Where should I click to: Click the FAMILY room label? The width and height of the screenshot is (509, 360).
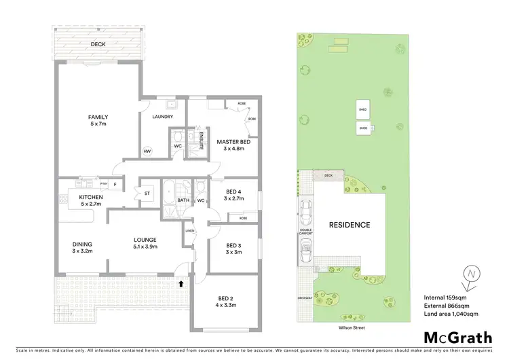98,117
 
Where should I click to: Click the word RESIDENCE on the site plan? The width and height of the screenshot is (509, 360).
350,225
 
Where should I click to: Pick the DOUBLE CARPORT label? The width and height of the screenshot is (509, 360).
307,232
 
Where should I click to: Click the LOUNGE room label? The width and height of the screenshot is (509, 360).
145,240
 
